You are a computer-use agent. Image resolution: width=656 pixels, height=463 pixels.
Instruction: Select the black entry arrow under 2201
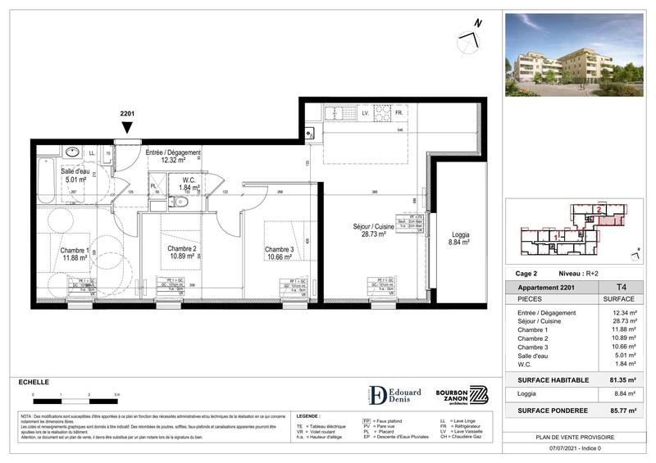126,128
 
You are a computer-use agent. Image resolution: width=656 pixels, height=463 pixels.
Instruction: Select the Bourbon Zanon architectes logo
464,394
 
